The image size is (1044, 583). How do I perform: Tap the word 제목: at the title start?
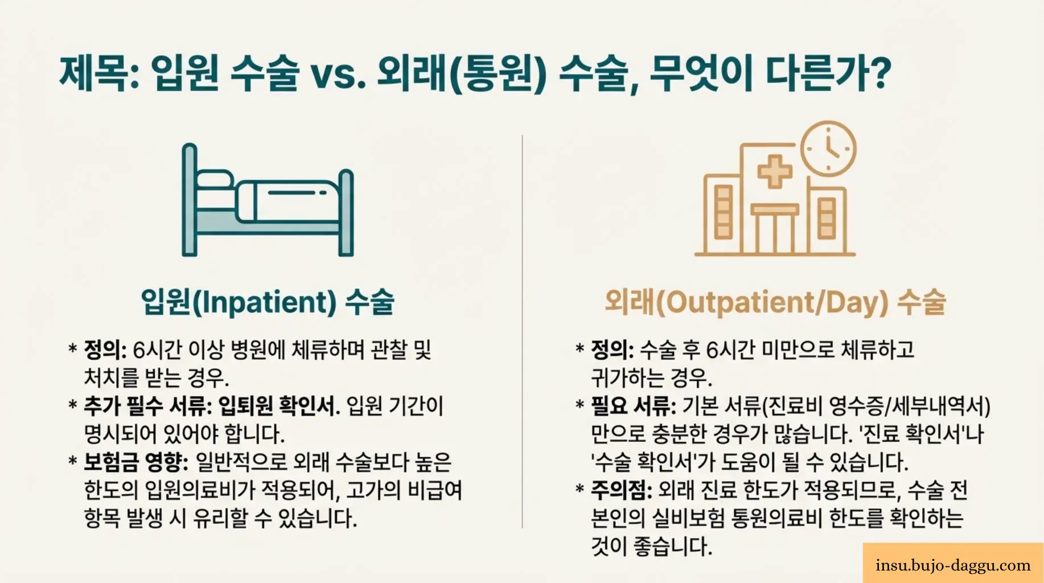pos(99,74)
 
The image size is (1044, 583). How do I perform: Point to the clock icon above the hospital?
pos(828,149)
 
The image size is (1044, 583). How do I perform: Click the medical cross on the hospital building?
pos(775,170)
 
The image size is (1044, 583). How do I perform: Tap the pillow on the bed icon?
pos(214,180)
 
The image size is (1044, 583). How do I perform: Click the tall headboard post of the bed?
pos(190,199)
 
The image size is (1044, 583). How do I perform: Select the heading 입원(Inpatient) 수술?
pos(268,302)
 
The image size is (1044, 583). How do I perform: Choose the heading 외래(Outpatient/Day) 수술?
pos(775,302)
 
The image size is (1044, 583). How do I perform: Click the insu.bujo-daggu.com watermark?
pos(953,565)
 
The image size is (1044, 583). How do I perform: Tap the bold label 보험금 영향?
pos(135,462)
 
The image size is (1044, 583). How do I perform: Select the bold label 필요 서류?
pos(633,406)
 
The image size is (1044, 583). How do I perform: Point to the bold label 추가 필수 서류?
pos(147,406)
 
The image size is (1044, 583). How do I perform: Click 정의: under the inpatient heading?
pos(105,350)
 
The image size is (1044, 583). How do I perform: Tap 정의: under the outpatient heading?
pos(612,350)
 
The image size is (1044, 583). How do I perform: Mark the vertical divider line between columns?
pos(522,330)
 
